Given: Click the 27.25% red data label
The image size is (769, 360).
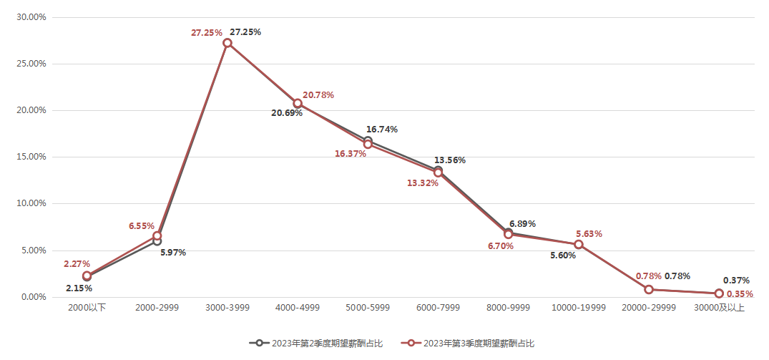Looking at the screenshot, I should coord(206,33).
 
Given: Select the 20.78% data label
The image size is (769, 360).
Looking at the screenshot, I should coord(318,94).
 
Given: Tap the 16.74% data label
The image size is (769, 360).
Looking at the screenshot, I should coord(382,130).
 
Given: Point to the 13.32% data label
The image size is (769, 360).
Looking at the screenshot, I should coord(423,183).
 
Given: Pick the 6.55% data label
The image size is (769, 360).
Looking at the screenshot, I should coord(142,225).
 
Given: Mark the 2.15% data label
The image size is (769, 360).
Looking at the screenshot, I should coord(79,288).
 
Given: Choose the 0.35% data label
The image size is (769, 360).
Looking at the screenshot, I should coord(740,294).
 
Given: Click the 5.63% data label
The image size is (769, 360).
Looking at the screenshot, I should coord(589,233).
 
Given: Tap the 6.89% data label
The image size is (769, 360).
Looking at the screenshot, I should coord(522,224).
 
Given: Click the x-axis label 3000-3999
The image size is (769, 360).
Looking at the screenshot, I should coord(227,308).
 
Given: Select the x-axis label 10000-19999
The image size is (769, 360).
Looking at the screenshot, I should coord(579,308).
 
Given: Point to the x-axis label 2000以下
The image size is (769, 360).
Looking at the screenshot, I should coord(87,308).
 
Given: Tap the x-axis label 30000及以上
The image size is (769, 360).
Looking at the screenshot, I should coord(719,308).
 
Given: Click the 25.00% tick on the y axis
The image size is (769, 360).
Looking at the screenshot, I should coord(31,64).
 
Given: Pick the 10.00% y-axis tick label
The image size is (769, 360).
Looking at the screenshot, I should coord(31,203).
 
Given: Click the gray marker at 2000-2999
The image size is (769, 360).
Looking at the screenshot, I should coord(157,241).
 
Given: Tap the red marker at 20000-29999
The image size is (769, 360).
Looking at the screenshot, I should coord(649,289).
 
